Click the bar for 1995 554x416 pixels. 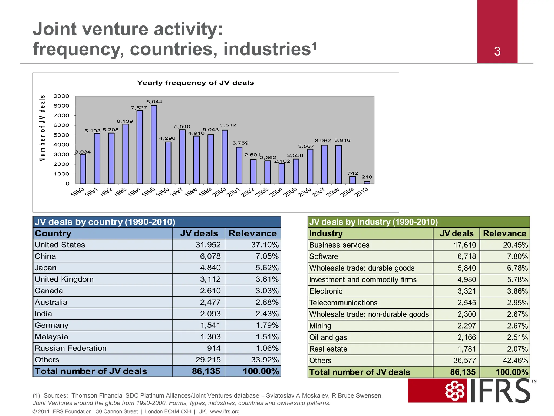(x=154, y=145)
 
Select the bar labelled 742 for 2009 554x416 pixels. (x=352, y=180)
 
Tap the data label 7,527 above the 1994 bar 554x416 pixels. (x=139, y=108)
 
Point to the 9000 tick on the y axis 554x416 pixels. (x=61, y=96)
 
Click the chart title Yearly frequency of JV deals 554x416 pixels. (x=195, y=83)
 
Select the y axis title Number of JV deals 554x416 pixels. (x=42, y=128)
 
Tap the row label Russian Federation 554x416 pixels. (x=71, y=348)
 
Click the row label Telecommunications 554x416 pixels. (x=343, y=303)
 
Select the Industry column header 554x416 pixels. (x=326, y=233)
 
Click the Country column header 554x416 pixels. (x=53, y=233)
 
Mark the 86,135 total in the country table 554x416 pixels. (x=206, y=371)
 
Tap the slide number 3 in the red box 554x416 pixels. (x=497, y=51)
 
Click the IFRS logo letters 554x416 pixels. (x=500, y=391)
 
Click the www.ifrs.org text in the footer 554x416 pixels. (x=225, y=412)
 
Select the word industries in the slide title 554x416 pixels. (x=267, y=49)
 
